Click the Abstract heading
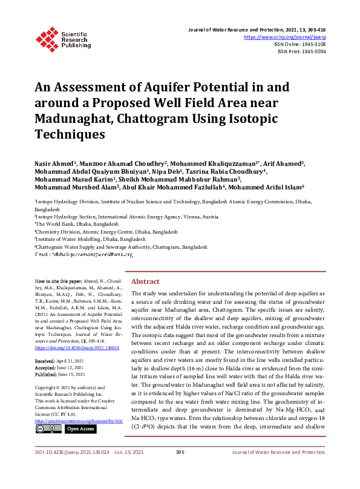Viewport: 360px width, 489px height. tap(145, 282)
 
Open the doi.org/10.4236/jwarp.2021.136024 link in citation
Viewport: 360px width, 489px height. tap(76, 348)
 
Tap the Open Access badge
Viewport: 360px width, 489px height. tap(80, 428)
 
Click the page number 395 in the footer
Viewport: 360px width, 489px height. tap(180, 469)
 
